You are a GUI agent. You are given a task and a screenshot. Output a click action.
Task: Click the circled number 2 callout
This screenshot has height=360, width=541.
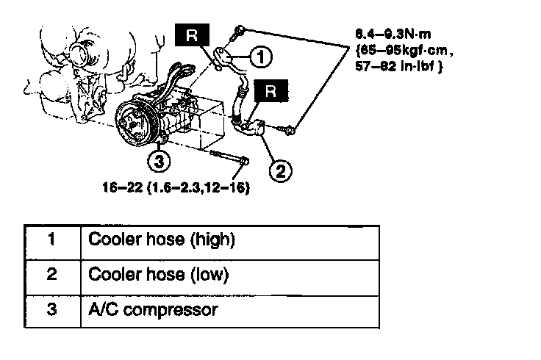coord(280,171)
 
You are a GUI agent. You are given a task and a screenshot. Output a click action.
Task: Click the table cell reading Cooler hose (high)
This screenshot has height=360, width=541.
coord(161,240)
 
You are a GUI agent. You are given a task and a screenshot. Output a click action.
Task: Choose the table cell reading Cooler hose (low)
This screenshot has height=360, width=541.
coord(158,275)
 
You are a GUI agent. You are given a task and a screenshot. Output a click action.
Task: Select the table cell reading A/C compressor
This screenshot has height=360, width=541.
coord(153,309)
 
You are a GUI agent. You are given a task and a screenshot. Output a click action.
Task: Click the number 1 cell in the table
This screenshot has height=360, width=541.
coord(51,240)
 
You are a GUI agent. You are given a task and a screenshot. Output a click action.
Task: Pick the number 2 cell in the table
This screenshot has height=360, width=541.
coord(51,275)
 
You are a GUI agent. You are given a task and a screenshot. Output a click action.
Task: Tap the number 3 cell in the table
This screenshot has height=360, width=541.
coord(51,309)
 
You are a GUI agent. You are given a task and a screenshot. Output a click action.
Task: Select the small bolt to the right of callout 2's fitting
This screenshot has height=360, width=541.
coord(289,130)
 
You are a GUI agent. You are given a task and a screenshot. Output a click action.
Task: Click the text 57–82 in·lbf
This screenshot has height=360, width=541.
coord(390,66)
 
